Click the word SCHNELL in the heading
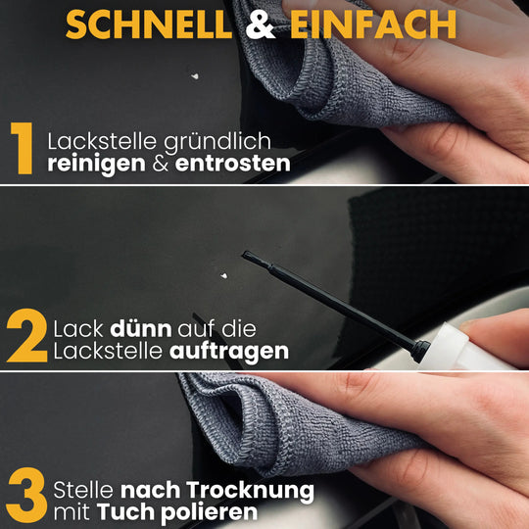pyautogui.click(x=149, y=24)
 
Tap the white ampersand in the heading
pyautogui.click(x=261, y=24)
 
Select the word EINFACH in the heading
pyautogui.click(x=373, y=24)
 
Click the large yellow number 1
pyautogui.click(x=22, y=148)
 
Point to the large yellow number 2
pyautogui.click(x=27, y=335)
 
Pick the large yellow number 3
pyautogui.click(x=26, y=495)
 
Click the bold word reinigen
pyautogui.click(x=96, y=165)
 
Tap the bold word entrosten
pyautogui.click(x=232, y=164)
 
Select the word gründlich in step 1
pyautogui.click(x=217, y=142)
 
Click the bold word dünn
pyautogui.click(x=141, y=329)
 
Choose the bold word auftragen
pyautogui.click(x=229, y=353)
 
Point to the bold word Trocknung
pyautogui.click(x=250, y=491)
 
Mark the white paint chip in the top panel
pyautogui.click(x=195, y=76)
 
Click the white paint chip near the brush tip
pyautogui.click(x=223, y=276)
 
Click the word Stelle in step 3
pyautogui.click(x=83, y=490)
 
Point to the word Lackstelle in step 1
pyautogui.click(x=102, y=141)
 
